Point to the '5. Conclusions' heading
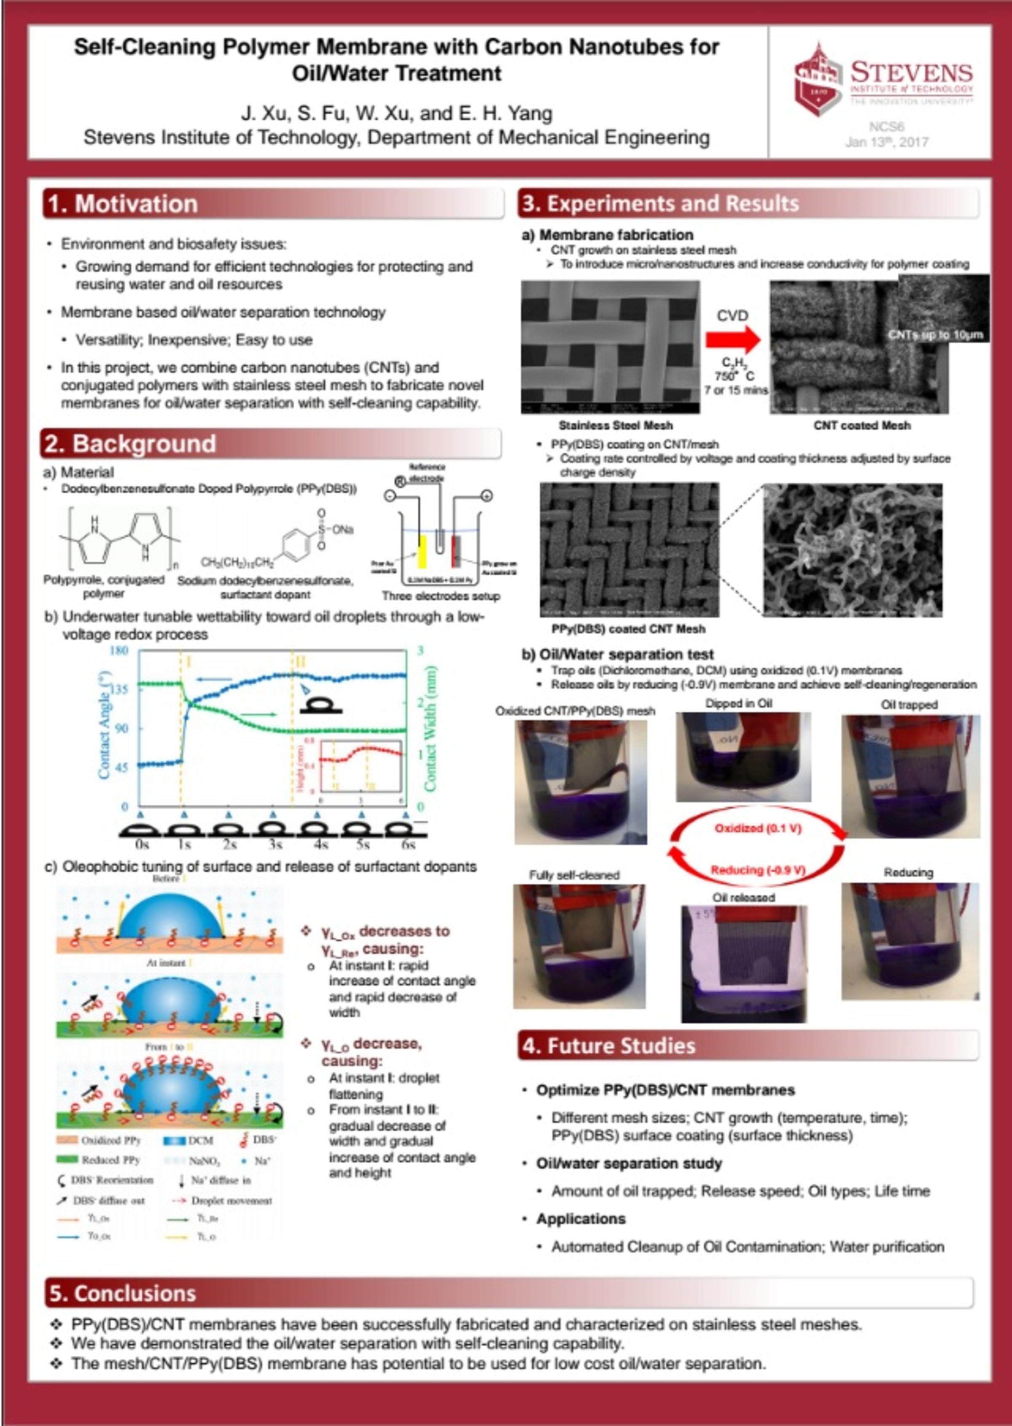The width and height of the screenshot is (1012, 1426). coord(123,1293)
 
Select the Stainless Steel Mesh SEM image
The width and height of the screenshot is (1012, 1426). coord(610,347)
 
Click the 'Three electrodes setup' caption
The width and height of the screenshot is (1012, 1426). coord(441,596)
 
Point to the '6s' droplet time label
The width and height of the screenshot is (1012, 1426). coord(408,844)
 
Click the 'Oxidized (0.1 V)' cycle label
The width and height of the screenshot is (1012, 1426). coord(757,828)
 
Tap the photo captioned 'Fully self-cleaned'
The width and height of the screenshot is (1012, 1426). coord(579,946)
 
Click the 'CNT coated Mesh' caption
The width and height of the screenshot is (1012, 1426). coord(862,426)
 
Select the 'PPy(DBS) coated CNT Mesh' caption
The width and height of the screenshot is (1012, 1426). coord(628,629)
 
